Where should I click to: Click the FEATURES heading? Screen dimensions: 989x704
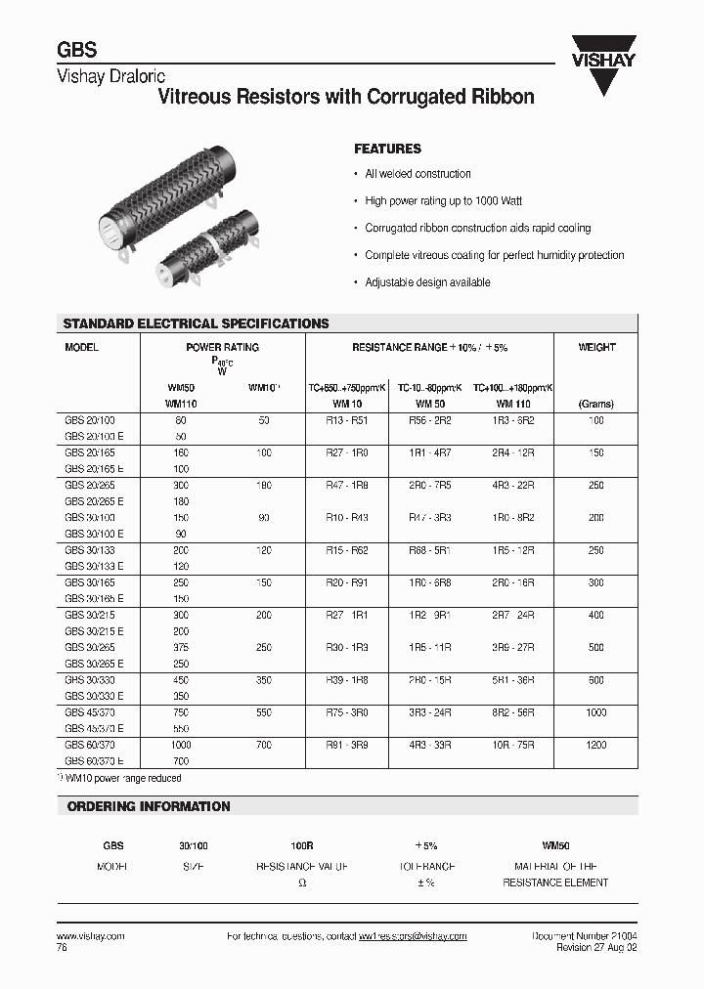point(387,149)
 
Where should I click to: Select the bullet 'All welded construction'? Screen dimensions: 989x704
point(418,174)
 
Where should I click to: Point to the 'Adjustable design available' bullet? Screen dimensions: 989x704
point(427,282)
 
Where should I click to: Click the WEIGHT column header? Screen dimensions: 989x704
point(596,347)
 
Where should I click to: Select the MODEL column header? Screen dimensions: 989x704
point(82,347)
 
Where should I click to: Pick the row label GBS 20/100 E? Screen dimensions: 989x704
point(94,436)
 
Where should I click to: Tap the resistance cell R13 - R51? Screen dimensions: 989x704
point(347,420)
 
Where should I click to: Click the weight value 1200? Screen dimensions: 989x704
point(596,745)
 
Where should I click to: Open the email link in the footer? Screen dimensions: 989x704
point(413,936)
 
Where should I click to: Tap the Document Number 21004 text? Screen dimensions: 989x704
point(584,936)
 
